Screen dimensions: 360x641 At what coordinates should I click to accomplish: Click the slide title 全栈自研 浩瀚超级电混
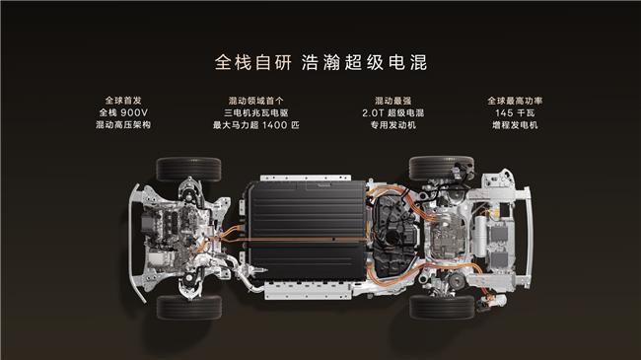pyautogui.click(x=320, y=61)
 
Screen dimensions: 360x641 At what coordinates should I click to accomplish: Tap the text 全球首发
pyautogui.click(x=124, y=101)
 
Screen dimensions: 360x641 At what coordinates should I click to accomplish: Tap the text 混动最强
pyautogui.click(x=394, y=101)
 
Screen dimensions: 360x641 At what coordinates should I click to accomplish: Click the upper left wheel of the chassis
pyautogui.click(x=189, y=168)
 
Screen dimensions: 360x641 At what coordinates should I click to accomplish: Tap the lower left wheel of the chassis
pyautogui.click(x=189, y=307)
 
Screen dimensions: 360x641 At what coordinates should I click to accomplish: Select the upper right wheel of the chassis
pyautogui.click(x=441, y=168)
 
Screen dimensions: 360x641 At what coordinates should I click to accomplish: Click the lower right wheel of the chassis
pyautogui.click(x=441, y=307)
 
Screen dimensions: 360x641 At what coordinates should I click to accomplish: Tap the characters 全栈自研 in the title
pyautogui.click(x=249, y=61)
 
